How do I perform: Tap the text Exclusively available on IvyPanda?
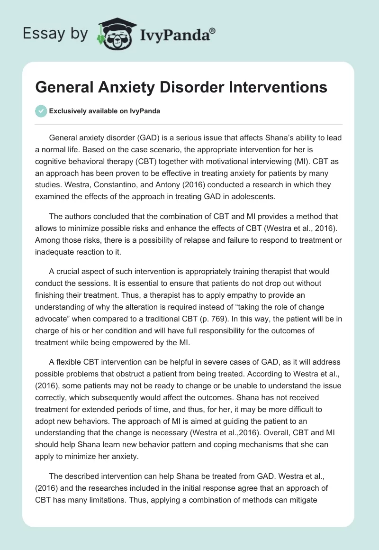click(105, 111)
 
